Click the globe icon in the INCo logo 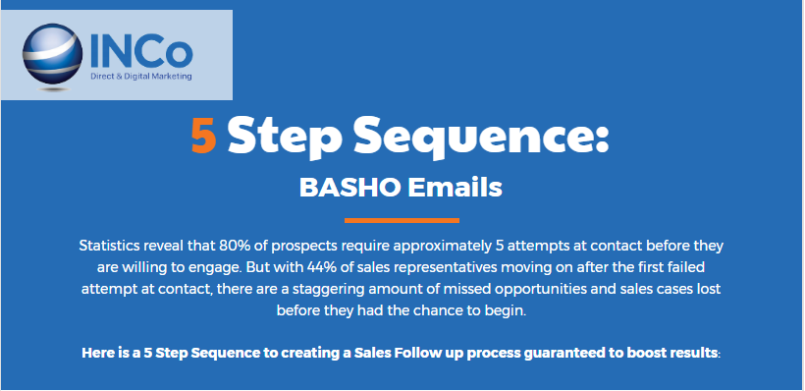pyautogui.click(x=52, y=53)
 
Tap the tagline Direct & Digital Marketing pyautogui.click(x=141, y=77)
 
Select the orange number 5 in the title pyautogui.click(x=203, y=137)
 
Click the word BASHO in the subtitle pyautogui.click(x=349, y=188)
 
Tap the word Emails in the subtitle pyautogui.click(x=455, y=188)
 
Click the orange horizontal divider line pyautogui.click(x=402, y=220)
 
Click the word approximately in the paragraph pyautogui.click(x=443, y=247)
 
